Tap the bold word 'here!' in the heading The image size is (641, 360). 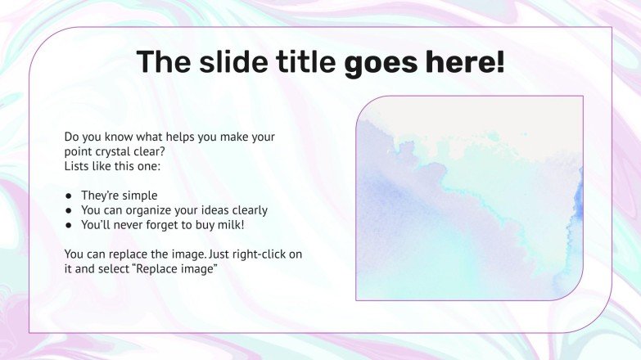(x=464, y=62)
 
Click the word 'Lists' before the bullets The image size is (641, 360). (x=79, y=166)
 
